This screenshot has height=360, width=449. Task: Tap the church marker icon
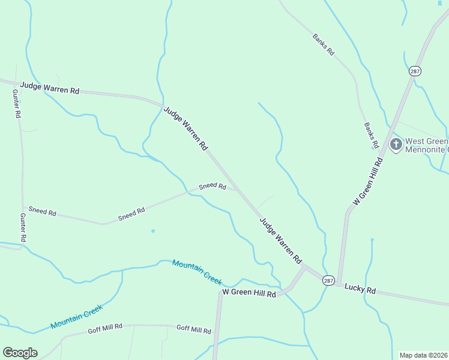[396, 144]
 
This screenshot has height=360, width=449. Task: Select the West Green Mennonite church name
[426, 146]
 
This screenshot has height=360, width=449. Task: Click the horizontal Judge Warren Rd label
[50, 88]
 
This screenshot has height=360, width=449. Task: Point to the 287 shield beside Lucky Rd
[328, 280]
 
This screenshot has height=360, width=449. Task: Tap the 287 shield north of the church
[415, 71]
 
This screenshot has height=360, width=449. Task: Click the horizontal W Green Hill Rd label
[249, 293]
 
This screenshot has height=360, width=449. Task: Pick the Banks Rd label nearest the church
[371, 136]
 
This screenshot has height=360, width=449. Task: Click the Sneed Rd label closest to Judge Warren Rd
[212, 187]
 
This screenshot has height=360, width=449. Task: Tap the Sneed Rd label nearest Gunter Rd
[42, 212]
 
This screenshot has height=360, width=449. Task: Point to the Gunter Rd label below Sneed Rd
[23, 227]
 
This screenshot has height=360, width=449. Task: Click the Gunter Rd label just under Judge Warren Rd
[17, 103]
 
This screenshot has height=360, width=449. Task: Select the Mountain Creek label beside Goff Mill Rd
[76, 316]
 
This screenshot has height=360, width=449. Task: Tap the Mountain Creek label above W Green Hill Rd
[197, 272]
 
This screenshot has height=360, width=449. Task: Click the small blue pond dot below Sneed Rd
[153, 231]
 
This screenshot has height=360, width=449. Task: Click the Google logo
[20, 353]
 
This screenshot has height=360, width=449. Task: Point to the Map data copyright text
[423, 355]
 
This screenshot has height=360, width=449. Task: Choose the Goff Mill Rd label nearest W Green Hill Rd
[193, 329]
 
